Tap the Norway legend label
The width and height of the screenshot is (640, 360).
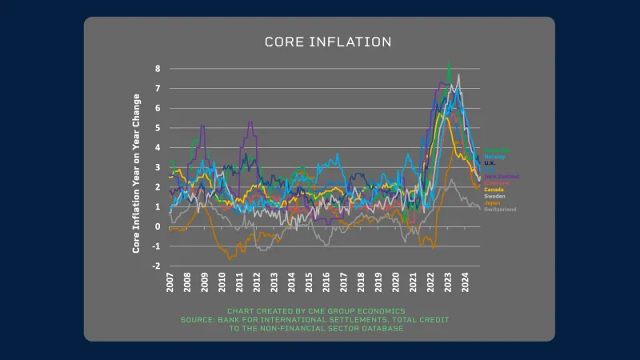click(495, 156)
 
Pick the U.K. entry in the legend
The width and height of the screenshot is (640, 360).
click(491, 163)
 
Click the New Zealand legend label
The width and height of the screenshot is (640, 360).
click(501, 176)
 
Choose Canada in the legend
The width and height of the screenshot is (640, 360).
click(494, 190)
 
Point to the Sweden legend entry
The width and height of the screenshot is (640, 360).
click(495, 196)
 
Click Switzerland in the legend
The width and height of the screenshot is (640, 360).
click(500, 209)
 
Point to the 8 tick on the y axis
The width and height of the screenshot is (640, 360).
click(158, 69)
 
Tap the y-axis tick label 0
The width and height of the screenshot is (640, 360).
click(158, 226)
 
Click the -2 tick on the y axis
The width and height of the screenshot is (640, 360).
click(157, 266)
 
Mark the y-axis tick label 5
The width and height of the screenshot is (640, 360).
click(158, 128)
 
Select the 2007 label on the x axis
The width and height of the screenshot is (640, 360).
click(170, 282)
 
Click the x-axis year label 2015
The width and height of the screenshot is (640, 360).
click(309, 282)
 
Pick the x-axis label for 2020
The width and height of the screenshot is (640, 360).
click(395, 282)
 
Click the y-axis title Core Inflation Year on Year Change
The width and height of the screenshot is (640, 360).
click(136, 174)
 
